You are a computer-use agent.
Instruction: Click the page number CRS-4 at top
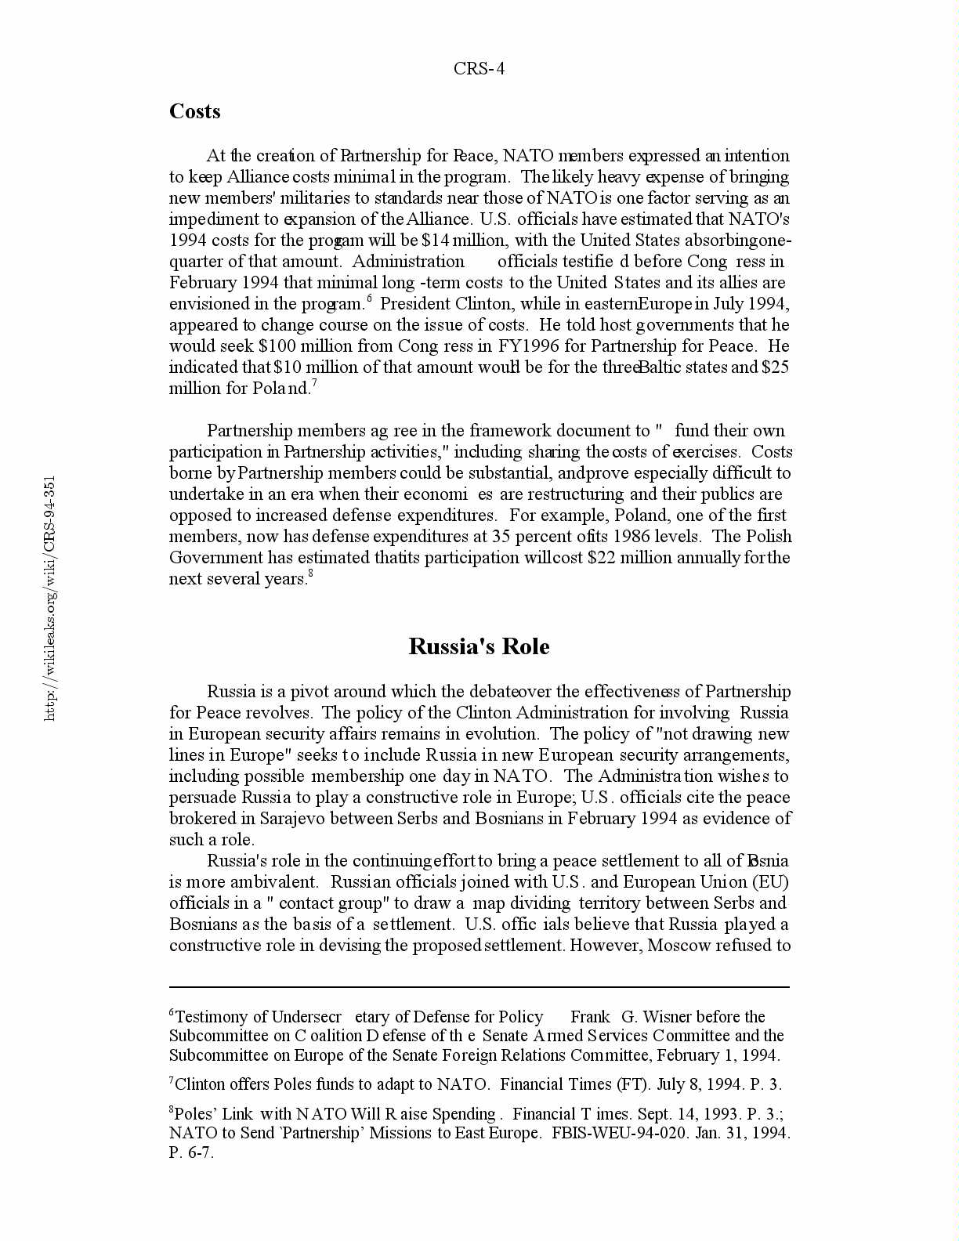[x=479, y=69]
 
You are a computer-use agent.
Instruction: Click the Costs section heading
[x=194, y=111]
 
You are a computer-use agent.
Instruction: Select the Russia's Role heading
[x=479, y=646]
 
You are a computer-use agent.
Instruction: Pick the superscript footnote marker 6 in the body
[x=368, y=298]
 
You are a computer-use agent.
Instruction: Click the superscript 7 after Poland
[x=313, y=383]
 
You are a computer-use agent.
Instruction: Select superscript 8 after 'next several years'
[x=310, y=573]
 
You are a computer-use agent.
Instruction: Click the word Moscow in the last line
[x=679, y=946]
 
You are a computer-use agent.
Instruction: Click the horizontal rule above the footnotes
[x=479, y=987]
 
